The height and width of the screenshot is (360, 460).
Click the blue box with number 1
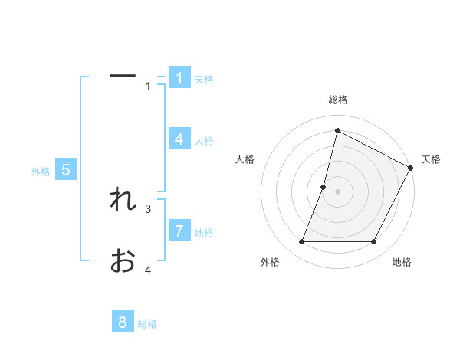coord(179,77)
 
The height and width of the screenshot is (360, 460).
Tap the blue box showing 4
coord(179,139)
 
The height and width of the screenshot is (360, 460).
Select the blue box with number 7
coord(179,231)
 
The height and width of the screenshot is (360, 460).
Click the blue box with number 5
coord(66,170)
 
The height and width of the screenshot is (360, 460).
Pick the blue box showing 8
coord(123,322)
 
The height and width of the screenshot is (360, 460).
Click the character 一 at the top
coord(123,76)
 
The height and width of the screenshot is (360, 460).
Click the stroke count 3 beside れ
coord(149,208)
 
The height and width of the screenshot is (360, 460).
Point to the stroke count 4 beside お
coord(149,270)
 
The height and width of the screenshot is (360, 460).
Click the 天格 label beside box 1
coord(204,79)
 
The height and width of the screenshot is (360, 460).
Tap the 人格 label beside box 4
coord(204,140)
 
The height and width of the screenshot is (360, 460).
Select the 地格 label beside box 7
coord(204,232)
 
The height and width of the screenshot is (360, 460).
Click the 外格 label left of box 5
coord(41,172)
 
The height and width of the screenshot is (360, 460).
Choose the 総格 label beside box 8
coord(147,324)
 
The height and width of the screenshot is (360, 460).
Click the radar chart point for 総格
coord(337,131)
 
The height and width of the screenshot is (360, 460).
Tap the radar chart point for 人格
coord(324,187)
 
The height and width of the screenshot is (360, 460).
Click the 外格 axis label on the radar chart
coord(270,262)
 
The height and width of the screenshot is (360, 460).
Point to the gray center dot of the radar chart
coord(337,191)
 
